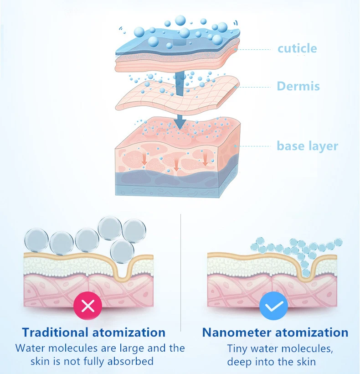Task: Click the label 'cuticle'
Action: pyautogui.click(x=297, y=48)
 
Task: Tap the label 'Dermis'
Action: pyautogui.click(x=298, y=86)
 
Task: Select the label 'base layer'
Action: pyautogui.click(x=308, y=146)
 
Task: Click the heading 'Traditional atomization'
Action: pyautogui.click(x=94, y=332)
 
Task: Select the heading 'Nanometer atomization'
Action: pyautogui.click(x=275, y=332)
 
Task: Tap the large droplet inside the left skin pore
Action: pyautogui.click(x=122, y=250)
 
